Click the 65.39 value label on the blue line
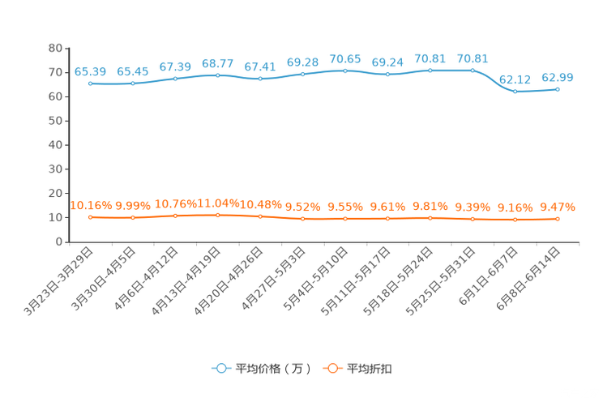tap(90, 71)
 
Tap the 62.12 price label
tap(515, 79)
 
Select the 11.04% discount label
tap(218, 203)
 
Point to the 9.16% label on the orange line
tap(515, 207)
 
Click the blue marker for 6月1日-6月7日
tap(515, 92)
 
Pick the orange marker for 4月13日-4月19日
tap(218, 215)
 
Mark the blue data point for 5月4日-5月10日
tap(345, 71)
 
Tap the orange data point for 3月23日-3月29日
tap(91, 217)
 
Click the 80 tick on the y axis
tap(55, 48)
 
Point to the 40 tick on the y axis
tap(55, 145)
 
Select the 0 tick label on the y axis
tap(59, 242)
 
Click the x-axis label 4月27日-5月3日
tap(273, 278)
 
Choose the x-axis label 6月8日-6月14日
tap(528, 278)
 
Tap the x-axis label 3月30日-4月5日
tap(104, 278)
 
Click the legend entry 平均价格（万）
tap(262, 369)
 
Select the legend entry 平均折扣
tap(357, 369)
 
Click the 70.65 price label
tap(345, 59)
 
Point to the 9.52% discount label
tap(302, 207)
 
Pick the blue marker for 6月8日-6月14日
tap(558, 90)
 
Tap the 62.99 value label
tap(558, 77)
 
